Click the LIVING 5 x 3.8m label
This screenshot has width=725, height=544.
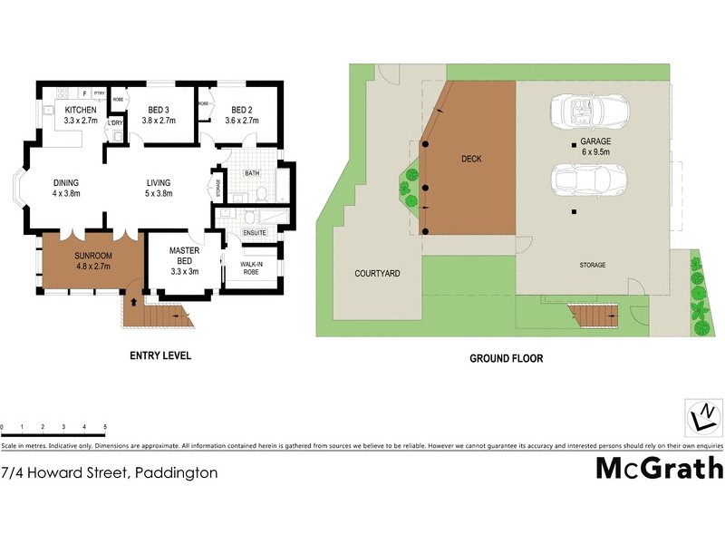point(159,187)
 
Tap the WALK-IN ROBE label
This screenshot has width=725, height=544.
point(251,269)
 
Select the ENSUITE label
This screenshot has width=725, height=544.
point(255,233)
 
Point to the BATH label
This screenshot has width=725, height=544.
point(252,172)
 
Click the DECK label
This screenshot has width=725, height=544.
point(471,159)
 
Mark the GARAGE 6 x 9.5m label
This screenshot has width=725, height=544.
point(595,148)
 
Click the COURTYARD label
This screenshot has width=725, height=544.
point(377,273)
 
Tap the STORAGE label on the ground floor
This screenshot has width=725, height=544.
point(593,265)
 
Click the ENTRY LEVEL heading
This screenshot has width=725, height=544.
point(159,356)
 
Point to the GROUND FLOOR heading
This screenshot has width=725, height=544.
point(506,359)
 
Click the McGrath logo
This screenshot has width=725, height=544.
point(659,468)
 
